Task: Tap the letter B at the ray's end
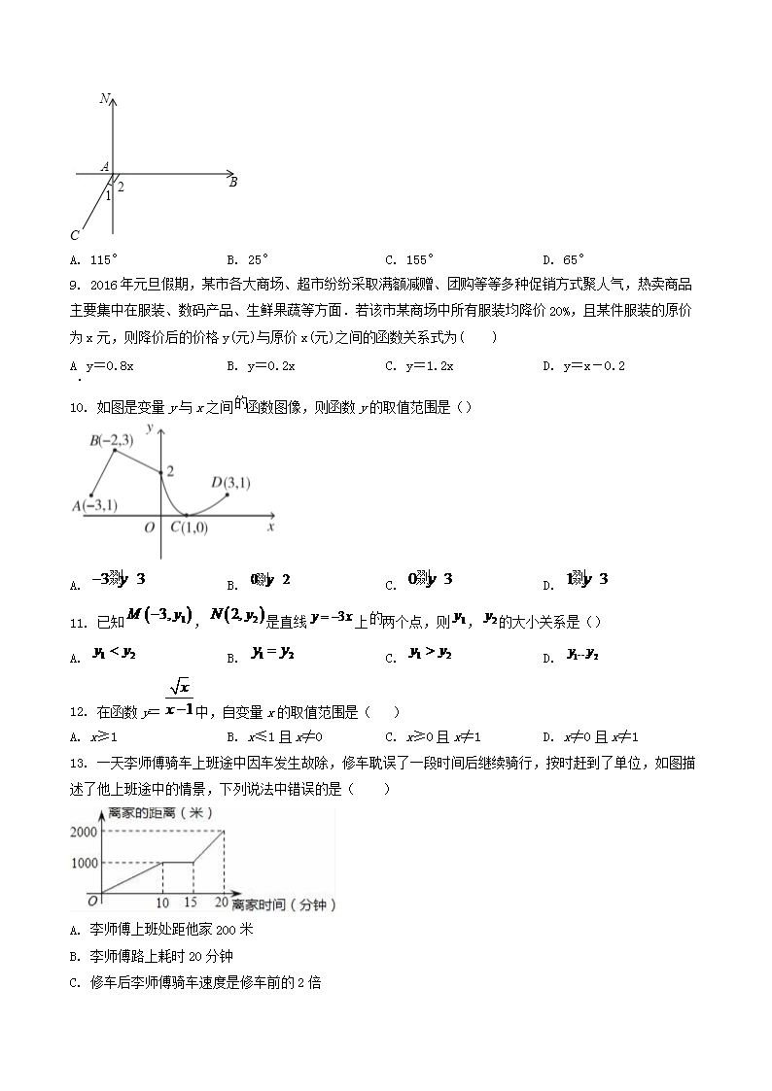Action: coord(233,182)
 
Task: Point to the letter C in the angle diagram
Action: coord(75,236)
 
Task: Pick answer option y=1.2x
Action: coord(429,366)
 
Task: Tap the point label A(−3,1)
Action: coord(94,505)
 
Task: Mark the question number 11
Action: coord(80,623)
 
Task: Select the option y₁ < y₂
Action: coord(113,656)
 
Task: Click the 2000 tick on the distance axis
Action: coord(84,831)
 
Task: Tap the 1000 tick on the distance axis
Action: coord(84,863)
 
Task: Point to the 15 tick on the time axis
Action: coord(193,903)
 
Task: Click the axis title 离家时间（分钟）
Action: coord(285,904)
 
